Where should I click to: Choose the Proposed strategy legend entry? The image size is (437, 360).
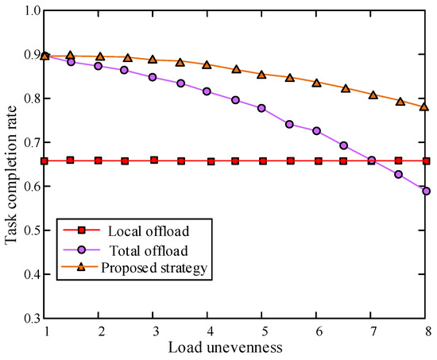pyautogui.click(x=154, y=268)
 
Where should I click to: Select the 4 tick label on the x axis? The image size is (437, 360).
pyautogui.click(x=207, y=331)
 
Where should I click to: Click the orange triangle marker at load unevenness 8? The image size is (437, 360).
pyautogui.click(x=425, y=106)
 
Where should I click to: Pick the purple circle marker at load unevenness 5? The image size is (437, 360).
pyautogui.click(x=261, y=108)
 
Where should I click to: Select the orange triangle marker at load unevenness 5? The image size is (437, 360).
pyautogui.click(x=261, y=74)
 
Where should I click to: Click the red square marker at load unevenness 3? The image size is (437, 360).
pyautogui.click(x=153, y=160)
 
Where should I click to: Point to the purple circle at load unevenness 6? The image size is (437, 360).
pyautogui.click(x=316, y=131)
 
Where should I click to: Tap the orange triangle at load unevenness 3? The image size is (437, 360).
pyautogui.click(x=153, y=60)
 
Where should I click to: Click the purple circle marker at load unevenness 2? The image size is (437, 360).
pyautogui.click(x=99, y=66)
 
